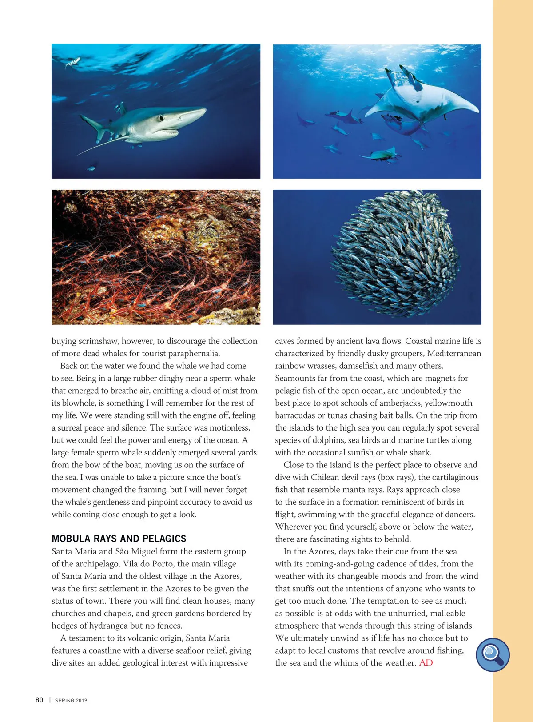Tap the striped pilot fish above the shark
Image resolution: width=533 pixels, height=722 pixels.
tap(73, 63)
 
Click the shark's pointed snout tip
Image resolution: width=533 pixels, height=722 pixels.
tap(205, 109)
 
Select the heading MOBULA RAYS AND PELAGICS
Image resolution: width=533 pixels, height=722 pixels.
tap(119, 539)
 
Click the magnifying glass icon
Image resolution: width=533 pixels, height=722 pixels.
tap(492, 654)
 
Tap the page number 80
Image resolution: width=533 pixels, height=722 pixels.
tap(39, 700)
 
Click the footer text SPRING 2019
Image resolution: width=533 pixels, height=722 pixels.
tap(71, 700)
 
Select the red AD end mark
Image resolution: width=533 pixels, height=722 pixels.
tap(426, 662)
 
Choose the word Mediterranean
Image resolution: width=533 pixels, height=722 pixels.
tap(454, 354)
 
